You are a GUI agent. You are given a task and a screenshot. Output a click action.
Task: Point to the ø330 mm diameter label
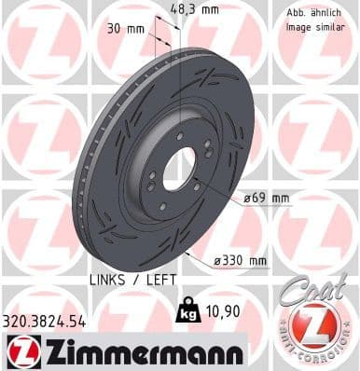pos(242,260)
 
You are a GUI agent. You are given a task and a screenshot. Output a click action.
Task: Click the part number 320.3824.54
pos(44,320)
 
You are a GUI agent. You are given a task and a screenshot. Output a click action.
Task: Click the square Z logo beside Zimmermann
pos(20,351)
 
